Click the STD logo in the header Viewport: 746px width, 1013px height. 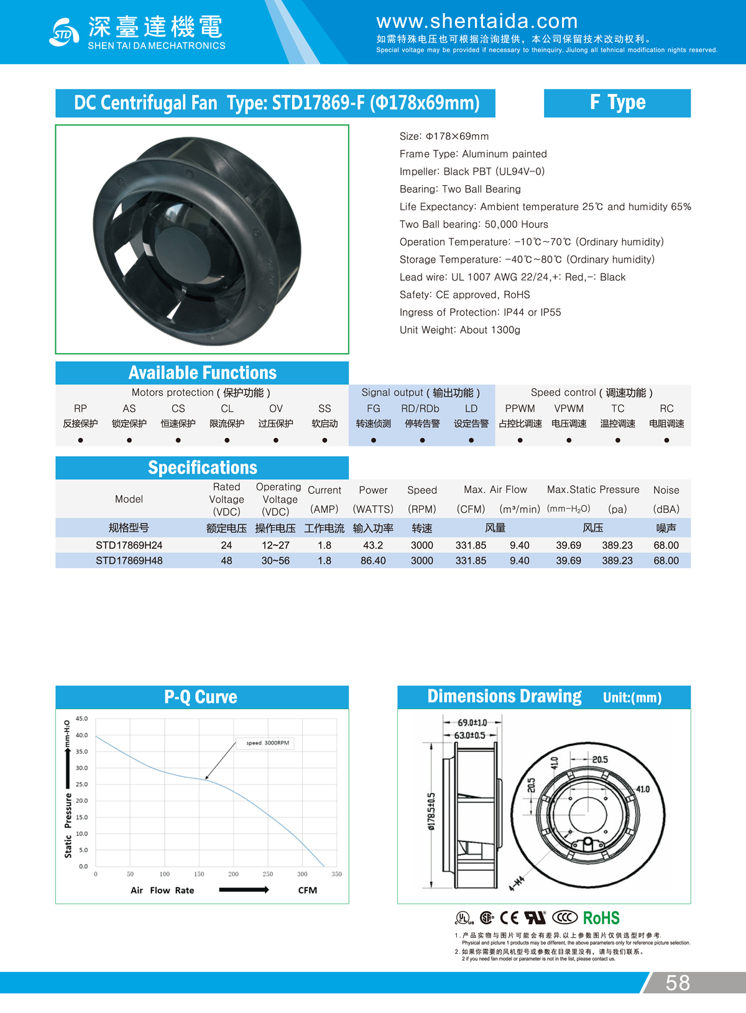(63, 32)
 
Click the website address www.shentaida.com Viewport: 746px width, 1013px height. (477, 22)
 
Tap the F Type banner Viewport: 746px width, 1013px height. (617, 103)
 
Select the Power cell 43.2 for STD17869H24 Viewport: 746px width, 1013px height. (373, 545)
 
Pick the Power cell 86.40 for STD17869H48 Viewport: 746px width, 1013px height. (373, 561)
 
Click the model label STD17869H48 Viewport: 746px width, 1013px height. (129, 561)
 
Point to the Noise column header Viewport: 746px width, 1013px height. (666, 490)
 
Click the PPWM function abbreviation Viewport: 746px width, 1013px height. (520, 408)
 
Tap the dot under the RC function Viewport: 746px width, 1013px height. (666, 440)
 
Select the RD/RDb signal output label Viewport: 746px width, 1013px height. (420, 408)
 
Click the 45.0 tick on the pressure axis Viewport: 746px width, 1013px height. (82, 718)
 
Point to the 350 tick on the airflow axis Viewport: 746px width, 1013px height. (336, 874)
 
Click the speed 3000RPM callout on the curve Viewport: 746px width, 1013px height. (268, 743)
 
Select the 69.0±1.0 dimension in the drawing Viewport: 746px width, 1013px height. (472, 723)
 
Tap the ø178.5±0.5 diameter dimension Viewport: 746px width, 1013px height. (431, 811)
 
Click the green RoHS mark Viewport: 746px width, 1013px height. (601, 918)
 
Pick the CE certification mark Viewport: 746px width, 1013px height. (509, 918)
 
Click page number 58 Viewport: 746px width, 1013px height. (678, 983)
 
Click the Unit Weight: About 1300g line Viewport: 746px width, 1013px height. (460, 330)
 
